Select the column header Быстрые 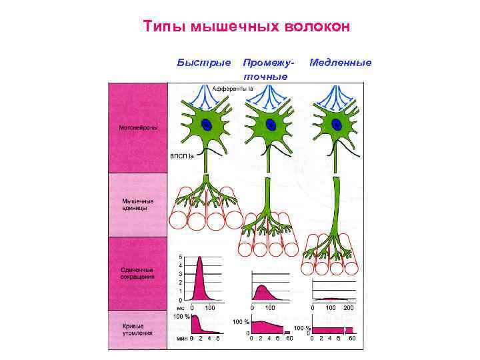click(204, 63)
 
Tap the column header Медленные click(340, 63)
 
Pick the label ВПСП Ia click(181, 157)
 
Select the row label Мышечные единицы click(137, 204)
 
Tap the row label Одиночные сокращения click(137, 272)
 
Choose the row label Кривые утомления click(137, 329)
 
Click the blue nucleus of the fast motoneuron click(207, 125)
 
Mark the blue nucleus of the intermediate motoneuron click(271, 125)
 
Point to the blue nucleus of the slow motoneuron click(337, 125)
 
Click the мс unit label click(180, 308)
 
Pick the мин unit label click(181, 338)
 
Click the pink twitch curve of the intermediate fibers click(263, 293)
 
